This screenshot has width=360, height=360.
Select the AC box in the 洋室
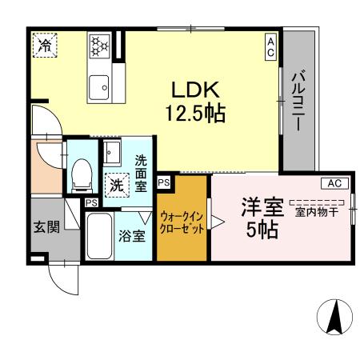point(334,183)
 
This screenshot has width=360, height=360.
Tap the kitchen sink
point(100,85)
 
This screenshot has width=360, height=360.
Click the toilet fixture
point(81,174)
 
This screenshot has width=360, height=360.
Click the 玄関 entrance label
point(46,226)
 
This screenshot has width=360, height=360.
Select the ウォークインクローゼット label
point(182,222)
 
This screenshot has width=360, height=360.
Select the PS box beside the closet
point(163,182)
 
